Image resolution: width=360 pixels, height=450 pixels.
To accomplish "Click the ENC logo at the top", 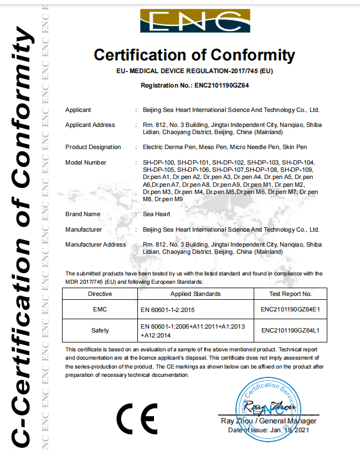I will point(194,22).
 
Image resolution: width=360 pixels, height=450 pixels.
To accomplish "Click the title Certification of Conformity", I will point(194,55).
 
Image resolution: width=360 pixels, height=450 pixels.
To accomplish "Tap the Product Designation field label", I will point(93,147).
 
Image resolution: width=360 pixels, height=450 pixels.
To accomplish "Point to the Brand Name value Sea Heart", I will point(157,214).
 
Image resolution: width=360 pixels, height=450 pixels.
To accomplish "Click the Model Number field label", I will point(86,162).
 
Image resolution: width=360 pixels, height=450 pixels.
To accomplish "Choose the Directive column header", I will point(100,294).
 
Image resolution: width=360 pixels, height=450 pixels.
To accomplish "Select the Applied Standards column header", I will point(196,294).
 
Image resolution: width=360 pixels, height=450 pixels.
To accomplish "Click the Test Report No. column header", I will point(290,294).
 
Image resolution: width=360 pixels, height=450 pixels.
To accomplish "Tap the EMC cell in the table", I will point(100,310).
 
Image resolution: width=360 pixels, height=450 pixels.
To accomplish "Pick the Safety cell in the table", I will point(100,330).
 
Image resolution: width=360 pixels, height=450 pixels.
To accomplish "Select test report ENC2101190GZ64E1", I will point(290,310).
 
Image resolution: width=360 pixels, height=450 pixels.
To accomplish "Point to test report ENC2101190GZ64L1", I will point(290,330).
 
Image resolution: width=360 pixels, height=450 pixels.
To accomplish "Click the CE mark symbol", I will point(137,420).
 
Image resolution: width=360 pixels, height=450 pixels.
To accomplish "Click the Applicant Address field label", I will point(90,125).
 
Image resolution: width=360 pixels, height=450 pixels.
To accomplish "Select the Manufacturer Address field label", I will point(96,244).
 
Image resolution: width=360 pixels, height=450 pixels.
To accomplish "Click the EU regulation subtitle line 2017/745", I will point(194,71).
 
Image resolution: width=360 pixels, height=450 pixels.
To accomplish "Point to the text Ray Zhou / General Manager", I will point(268,422).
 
